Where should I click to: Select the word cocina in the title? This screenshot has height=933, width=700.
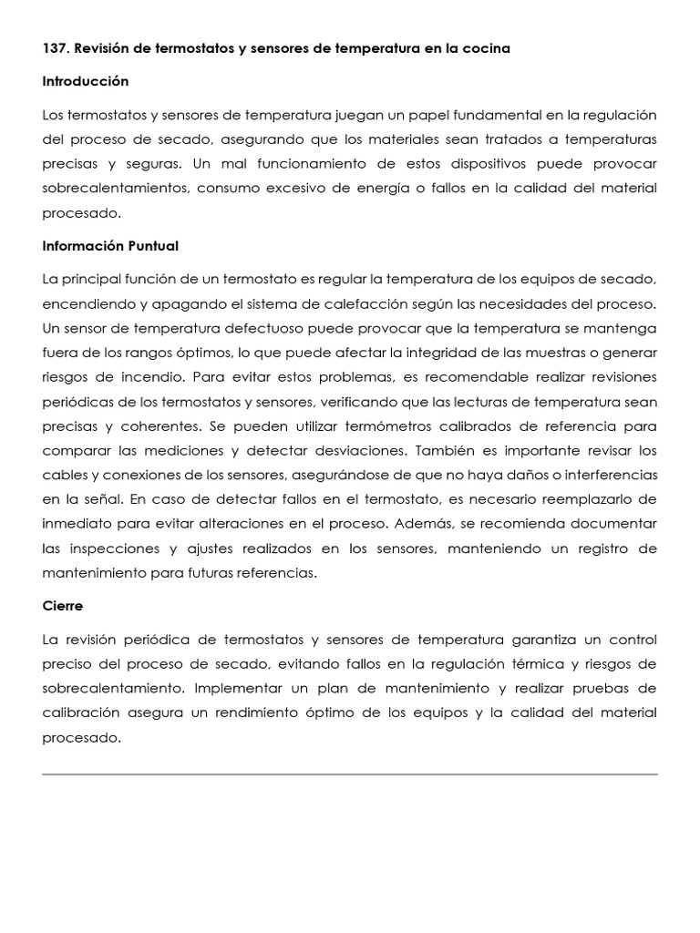coord(486,48)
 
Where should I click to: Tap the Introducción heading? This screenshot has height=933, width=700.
coord(86,81)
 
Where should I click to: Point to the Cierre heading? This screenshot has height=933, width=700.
coord(63,605)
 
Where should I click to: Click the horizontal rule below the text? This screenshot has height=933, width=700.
coord(350,774)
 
